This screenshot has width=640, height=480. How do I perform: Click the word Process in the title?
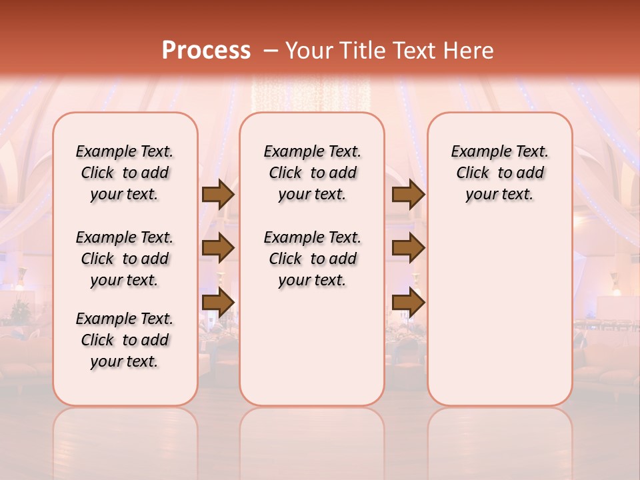pos(206,50)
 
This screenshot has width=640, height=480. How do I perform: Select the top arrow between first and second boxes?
pos(218,194)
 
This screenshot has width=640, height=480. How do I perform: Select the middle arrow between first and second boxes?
pos(218,248)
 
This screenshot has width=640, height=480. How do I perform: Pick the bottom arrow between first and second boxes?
pos(218,303)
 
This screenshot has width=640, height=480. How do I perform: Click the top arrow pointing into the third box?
pos(408,194)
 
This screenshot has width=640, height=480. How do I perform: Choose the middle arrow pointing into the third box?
pos(408,248)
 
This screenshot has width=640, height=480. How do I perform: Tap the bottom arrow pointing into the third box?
pos(408,303)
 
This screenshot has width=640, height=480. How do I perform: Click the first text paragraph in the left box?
pos(125,173)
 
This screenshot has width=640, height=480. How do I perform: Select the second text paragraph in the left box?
pos(125,259)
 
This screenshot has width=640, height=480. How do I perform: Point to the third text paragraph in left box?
pos(125,340)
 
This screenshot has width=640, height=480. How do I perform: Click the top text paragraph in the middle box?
pos(313,173)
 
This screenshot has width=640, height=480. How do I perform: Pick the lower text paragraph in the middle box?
pos(313,259)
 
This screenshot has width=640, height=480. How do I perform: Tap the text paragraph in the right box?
pos(500,173)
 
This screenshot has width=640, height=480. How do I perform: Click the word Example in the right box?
pos(476,152)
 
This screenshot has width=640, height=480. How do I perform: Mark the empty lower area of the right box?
pos(500,313)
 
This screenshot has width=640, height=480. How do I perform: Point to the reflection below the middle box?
pos(312,433)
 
